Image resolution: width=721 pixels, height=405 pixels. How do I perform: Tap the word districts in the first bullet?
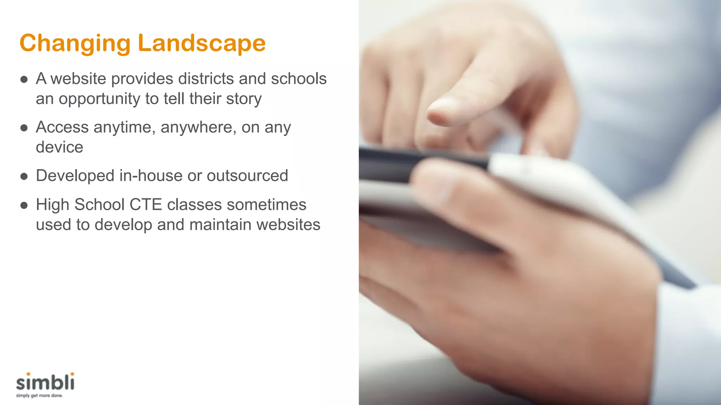tap(206, 78)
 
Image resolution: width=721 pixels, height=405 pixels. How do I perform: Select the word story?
tap(244, 99)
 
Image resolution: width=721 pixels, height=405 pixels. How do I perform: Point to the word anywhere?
tap(199, 127)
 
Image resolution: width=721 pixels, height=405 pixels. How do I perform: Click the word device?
tap(59, 147)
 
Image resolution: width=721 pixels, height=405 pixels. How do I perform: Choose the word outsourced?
tap(247, 175)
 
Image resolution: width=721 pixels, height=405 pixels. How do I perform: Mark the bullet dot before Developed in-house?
tap(24, 176)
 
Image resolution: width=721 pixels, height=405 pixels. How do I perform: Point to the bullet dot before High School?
tap(24, 206)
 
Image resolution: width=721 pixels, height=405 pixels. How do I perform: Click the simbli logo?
tap(45, 382)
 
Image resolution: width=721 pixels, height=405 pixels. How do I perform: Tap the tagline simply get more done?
tap(39, 396)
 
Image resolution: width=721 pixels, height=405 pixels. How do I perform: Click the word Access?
tap(62, 127)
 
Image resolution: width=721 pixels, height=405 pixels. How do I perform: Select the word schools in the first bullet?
tap(299, 78)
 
